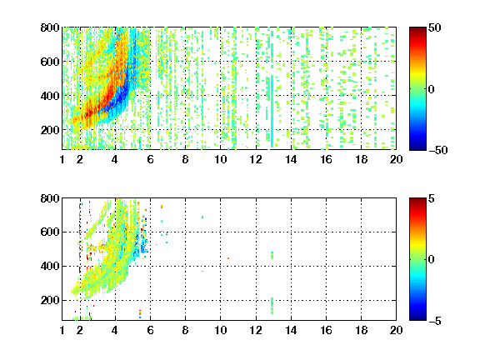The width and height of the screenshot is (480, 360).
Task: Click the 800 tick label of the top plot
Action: pyautogui.click(x=50, y=27)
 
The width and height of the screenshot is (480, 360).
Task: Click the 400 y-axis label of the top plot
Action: pyautogui.click(x=50, y=96)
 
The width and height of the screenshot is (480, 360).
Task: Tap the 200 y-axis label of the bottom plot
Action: pyautogui.click(x=50, y=300)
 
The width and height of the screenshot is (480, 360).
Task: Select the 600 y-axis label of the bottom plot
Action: pyautogui.click(x=50, y=232)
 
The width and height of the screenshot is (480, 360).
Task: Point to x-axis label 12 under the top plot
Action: pyautogui.click(x=256, y=159)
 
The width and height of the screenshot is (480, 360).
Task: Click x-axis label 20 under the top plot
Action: pyautogui.click(x=396, y=159)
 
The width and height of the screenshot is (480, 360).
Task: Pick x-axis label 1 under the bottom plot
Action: pyautogui.click(x=62, y=330)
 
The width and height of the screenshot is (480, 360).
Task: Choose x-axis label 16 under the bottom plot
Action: pyautogui.click(x=326, y=330)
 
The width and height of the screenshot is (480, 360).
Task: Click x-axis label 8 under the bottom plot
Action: pyautogui.click(x=185, y=330)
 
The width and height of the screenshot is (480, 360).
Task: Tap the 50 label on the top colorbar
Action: pyautogui.click(x=434, y=28)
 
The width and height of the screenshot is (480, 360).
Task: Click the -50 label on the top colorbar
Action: pyautogui.click(x=438, y=150)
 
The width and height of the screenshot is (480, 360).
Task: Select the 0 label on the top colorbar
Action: pyautogui.click(x=432, y=89)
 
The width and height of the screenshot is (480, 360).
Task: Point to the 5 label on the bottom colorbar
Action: pyautogui.click(x=432, y=199)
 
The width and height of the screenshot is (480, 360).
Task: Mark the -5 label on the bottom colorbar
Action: pyautogui.click(x=435, y=321)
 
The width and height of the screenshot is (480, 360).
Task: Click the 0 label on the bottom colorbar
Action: pyautogui.click(x=432, y=260)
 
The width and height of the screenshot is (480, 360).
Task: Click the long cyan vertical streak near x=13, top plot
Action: pyautogui.click(x=272, y=111)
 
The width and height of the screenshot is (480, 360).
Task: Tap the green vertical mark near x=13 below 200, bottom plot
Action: pyautogui.click(x=272, y=306)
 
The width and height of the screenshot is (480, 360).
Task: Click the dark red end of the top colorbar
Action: pyautogui.click(x=417, y=30)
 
